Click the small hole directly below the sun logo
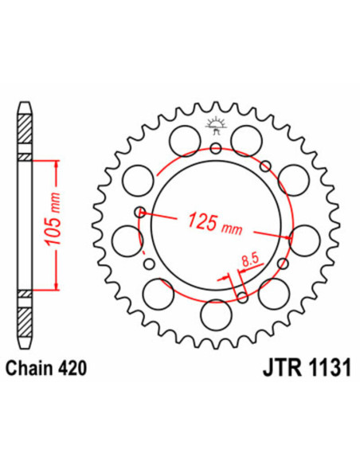[x=215, y=147]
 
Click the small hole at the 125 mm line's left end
[x=140, y=212]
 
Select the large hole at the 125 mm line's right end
[x=303, y=236]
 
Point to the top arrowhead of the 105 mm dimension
[x=56, y=163]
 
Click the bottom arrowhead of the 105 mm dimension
[x=56, y=285]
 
